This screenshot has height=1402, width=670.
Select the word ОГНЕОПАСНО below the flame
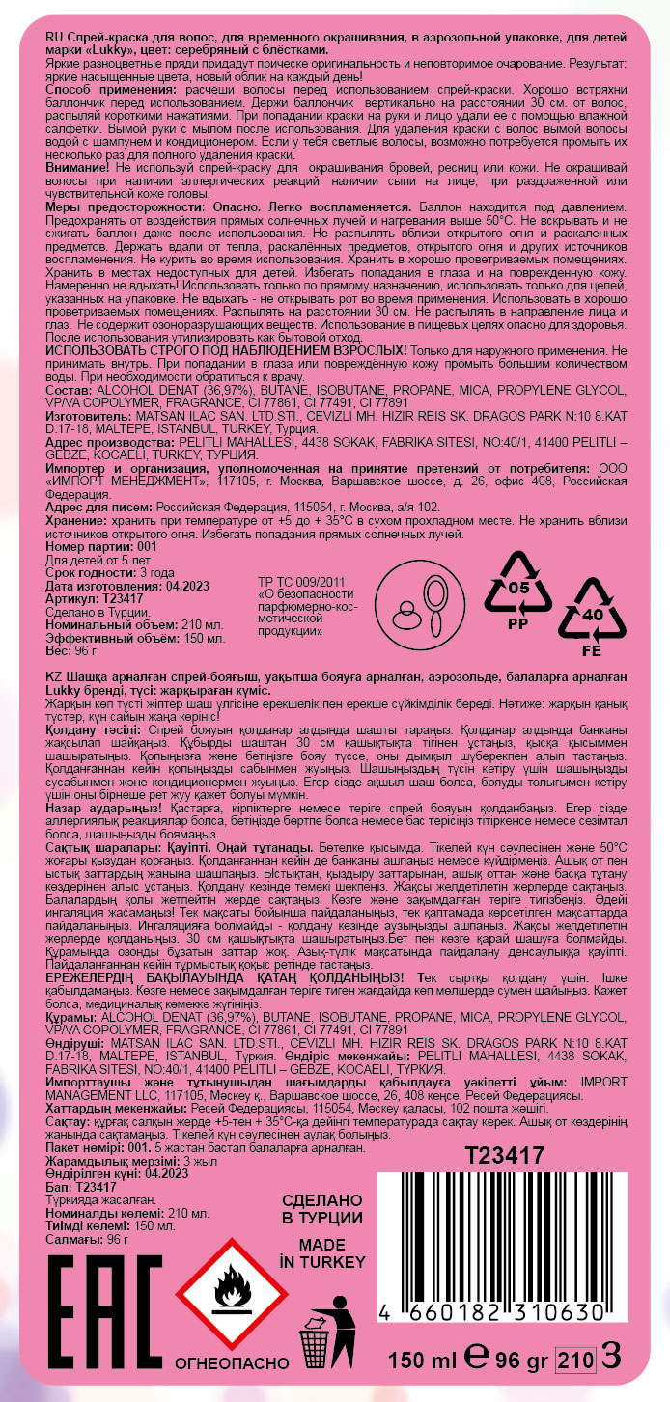tap(231, 1363)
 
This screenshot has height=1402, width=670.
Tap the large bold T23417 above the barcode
tap(505, 1155)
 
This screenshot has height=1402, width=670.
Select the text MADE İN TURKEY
tap(321, 1253)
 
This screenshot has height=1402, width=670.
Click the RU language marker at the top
tap(54, 34)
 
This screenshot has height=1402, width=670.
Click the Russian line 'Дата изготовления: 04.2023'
tap(114, 585)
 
